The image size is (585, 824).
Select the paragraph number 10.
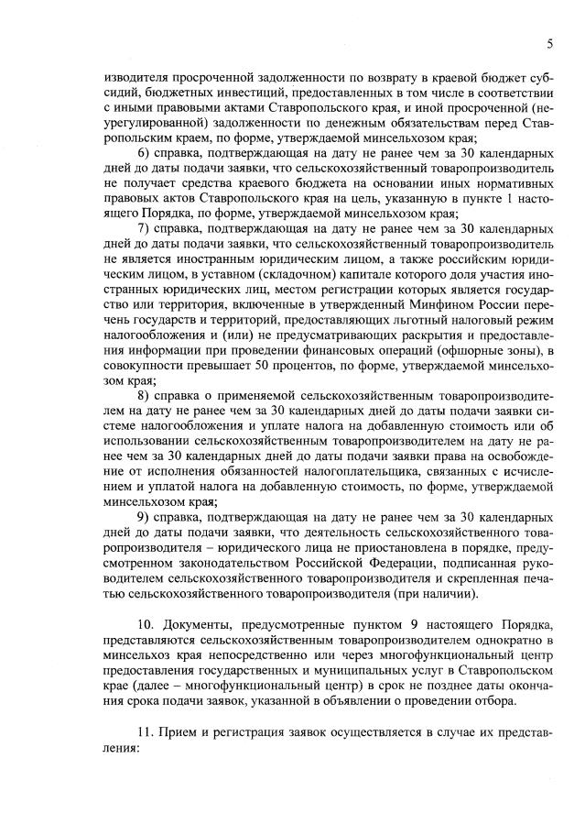click(x=146, y=624)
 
